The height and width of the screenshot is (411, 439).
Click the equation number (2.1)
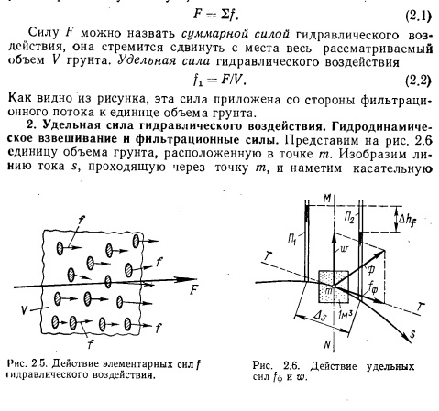pyautogui.click(x=418, y=16)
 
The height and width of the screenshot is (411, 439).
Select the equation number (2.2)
pyautogui.click(x=418, y=81)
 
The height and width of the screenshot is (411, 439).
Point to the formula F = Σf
pyautogui.click(x=215, y=15)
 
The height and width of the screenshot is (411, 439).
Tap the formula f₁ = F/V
pyautogui.click(x=219, y=81)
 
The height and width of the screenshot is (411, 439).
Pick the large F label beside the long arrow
pyautogui.click(x=193, y=290)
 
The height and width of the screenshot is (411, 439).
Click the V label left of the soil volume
pyautogui.click(x=26, y=310)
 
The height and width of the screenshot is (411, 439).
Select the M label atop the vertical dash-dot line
pyautogui.click(x=327, y=199)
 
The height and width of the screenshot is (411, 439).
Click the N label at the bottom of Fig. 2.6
pyautogui.click(x=327, y=345)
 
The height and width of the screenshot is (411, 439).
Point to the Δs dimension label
pyautogui.click(x=320, y=316)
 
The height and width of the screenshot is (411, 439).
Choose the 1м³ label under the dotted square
pyautogui.click(x=346, y=314)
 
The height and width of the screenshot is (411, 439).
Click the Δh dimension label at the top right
pyautogui.click(x=408, y=219)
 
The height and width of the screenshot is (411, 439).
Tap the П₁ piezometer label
pyautogui.click(x=292, y=237)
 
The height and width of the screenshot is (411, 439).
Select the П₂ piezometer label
pyautogui.click(x=349, y=218)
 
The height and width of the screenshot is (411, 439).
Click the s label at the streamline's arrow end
pyautogui.click(x=412, y=335)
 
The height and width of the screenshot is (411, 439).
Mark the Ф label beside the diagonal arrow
pyautogui.click(x=370, y=269)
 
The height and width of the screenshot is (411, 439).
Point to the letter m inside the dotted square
pyautogui.click(x=328, y=291)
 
